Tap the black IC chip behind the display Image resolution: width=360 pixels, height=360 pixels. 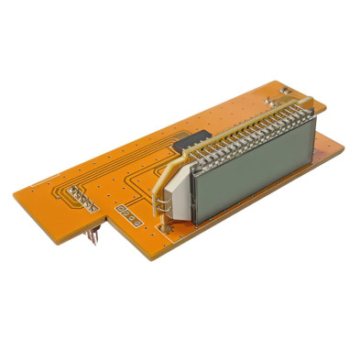pos(196,140)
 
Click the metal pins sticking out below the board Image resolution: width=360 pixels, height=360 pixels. pos(95,236)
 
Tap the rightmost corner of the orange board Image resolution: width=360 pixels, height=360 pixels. pos(351,160)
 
